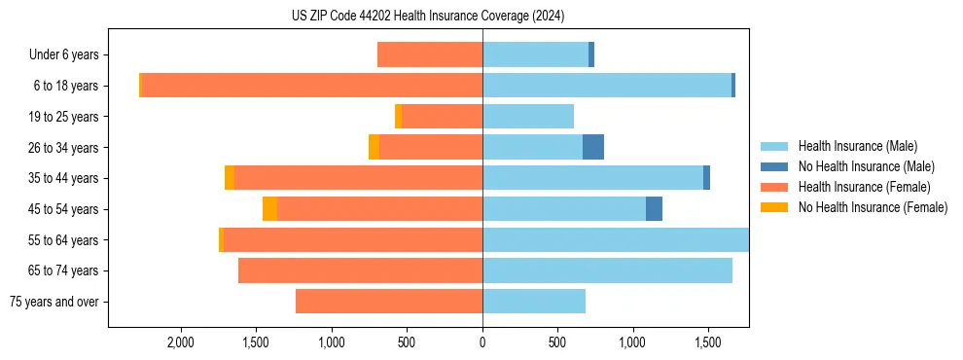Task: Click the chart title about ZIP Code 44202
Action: click(x=428, y=17)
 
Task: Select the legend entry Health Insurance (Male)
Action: click(x=857, y=146)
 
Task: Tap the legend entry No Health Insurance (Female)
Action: click(x=873, y=207)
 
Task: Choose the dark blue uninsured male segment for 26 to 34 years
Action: click(x=593, y=147)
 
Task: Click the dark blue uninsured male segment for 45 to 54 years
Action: click(x=654, y=209)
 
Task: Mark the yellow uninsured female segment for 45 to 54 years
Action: click(x=269, y=209)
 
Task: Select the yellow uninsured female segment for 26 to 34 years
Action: click(x=374, y=147)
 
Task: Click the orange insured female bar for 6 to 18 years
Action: click(x=311, y=86)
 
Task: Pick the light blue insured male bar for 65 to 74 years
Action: click(x=607, y=270)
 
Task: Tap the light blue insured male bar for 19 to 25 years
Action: click(x=528, y=117)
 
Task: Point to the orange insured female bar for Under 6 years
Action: click(x=430, y=55)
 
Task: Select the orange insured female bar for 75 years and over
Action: click(x=389, y=302)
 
